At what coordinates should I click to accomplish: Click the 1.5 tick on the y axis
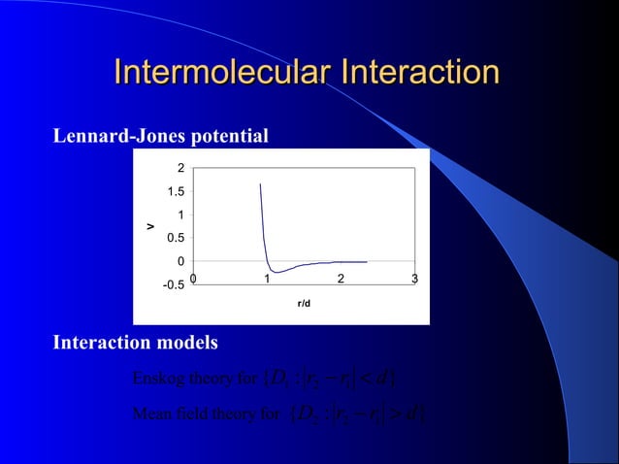pos(176,192)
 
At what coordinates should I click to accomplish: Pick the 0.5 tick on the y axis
pos(176,238)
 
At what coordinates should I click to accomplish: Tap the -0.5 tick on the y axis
pos(174,284)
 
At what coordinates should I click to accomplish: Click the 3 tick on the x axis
pos(414,281)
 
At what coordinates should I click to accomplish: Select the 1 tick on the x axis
pos(267,281)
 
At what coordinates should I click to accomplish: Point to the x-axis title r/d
pos(304,304)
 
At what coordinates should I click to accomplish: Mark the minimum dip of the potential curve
pos(277,272)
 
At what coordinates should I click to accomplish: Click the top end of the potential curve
pos(260,183)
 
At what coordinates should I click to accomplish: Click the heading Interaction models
pos(135,343)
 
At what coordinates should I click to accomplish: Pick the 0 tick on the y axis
pos(180,261)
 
